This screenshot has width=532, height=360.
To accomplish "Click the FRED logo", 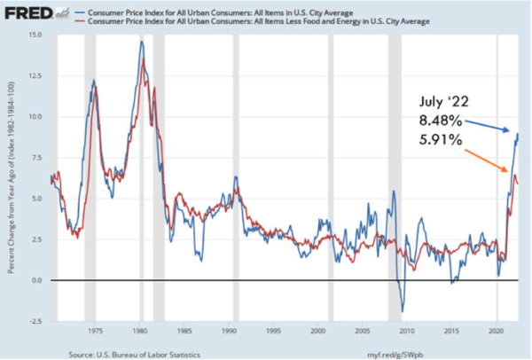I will [x=27, y=14].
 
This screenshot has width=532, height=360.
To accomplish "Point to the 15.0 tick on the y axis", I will [x=35, y=35].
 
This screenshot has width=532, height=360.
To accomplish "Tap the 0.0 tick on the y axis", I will [x=37, y=280].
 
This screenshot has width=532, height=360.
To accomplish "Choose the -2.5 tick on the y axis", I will [x=35, y=321].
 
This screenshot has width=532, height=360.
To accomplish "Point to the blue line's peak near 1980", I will [x=142, y=42].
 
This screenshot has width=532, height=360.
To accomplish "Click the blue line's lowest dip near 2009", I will [x=403, y=311].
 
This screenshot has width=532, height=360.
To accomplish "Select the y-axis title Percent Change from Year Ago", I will [x=12, y=177].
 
